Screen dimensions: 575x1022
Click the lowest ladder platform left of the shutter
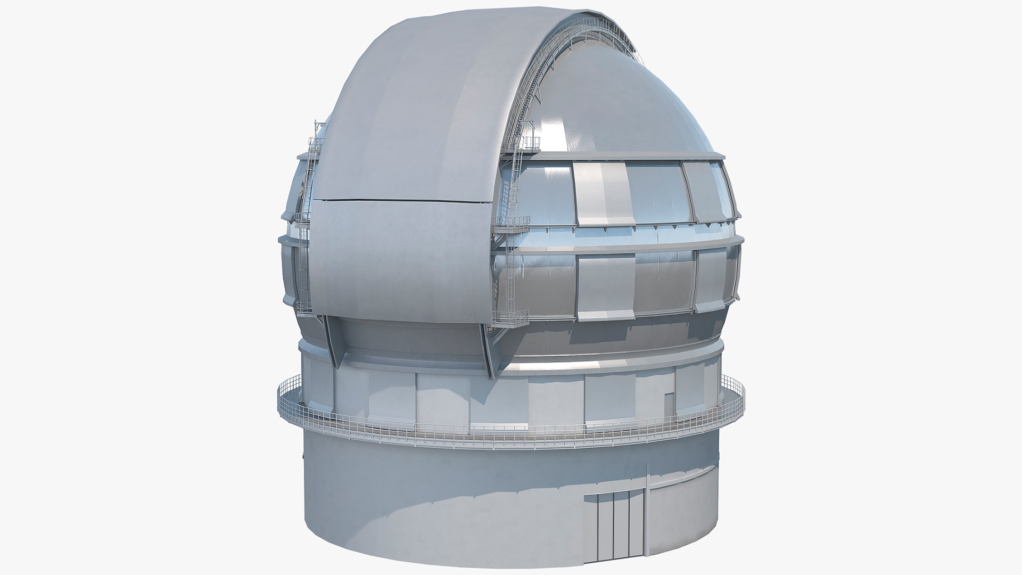point(304,307)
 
